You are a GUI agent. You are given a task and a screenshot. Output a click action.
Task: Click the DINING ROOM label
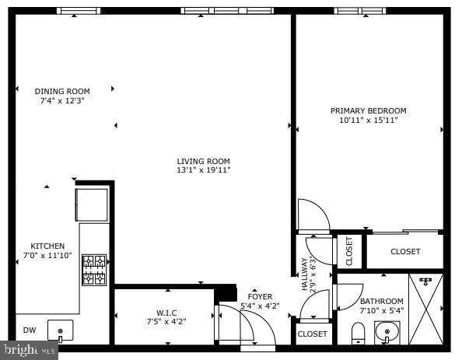coord(62,91)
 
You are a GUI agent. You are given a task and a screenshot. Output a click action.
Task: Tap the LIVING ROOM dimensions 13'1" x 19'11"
coord(203,170)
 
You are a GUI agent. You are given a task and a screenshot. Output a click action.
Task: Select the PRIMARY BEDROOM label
coord(369,110)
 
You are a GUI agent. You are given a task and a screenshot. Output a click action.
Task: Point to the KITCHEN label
coord(47,246)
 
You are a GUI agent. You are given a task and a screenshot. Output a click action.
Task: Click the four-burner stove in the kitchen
coord(94,270)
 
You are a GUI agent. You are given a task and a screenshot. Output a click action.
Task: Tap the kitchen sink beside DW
coord(61,330)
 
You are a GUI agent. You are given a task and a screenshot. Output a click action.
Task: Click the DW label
coord(30,330)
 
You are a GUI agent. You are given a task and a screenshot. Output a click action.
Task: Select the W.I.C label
coord(166,313)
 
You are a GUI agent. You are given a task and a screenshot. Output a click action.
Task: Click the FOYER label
coord(260,297)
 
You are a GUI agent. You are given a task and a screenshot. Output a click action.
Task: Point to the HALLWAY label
coord(305,274)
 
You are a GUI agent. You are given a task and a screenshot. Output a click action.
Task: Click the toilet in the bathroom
coord(359,334)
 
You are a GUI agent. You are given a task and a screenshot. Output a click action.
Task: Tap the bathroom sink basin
coord(387,332)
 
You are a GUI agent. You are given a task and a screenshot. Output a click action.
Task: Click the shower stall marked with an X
coord(425,309)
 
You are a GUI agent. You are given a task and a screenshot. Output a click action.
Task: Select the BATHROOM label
coord(382,302)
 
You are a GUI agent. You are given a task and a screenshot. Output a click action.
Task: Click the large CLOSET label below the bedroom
coord(405,252)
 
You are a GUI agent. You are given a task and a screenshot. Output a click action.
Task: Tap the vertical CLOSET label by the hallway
coord(349,251)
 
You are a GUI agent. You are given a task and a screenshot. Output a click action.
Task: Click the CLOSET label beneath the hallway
coord(313,334)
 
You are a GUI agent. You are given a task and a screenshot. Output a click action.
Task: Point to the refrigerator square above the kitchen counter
coord(92,204)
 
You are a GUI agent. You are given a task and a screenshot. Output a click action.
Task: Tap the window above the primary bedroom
coord(360,11)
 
